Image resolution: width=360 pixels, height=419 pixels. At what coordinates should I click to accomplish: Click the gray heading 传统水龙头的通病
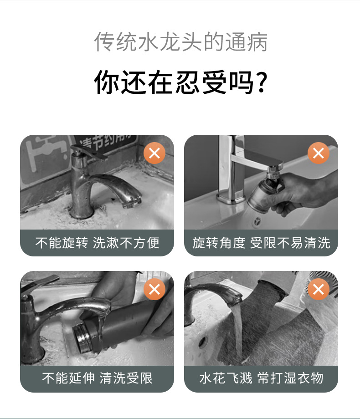point(181,42)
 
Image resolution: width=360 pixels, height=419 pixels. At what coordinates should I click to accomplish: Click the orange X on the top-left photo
point(154,153)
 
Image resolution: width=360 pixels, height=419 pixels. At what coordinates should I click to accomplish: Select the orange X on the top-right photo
point(318,153)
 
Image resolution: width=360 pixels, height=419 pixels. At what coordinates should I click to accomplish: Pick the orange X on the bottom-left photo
point(154,289)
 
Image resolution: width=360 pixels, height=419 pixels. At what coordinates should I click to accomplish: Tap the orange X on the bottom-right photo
point(318,289)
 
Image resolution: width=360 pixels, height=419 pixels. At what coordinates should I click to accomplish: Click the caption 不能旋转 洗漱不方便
point(98,243)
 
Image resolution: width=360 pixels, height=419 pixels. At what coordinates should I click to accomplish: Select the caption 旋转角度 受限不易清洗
point(261,243)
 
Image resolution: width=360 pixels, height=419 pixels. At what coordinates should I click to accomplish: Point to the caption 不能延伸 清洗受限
point(98,378)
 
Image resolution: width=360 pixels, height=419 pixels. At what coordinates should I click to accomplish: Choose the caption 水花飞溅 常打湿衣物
point(261,378)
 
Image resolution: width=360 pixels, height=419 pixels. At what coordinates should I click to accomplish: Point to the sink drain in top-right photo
point(257,221)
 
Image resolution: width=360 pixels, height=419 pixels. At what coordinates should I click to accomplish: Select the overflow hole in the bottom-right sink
point(203,342)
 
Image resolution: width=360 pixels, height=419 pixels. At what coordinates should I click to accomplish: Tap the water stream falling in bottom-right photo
point(238,334)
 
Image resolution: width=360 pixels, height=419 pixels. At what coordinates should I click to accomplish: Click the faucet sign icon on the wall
point(46,153)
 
